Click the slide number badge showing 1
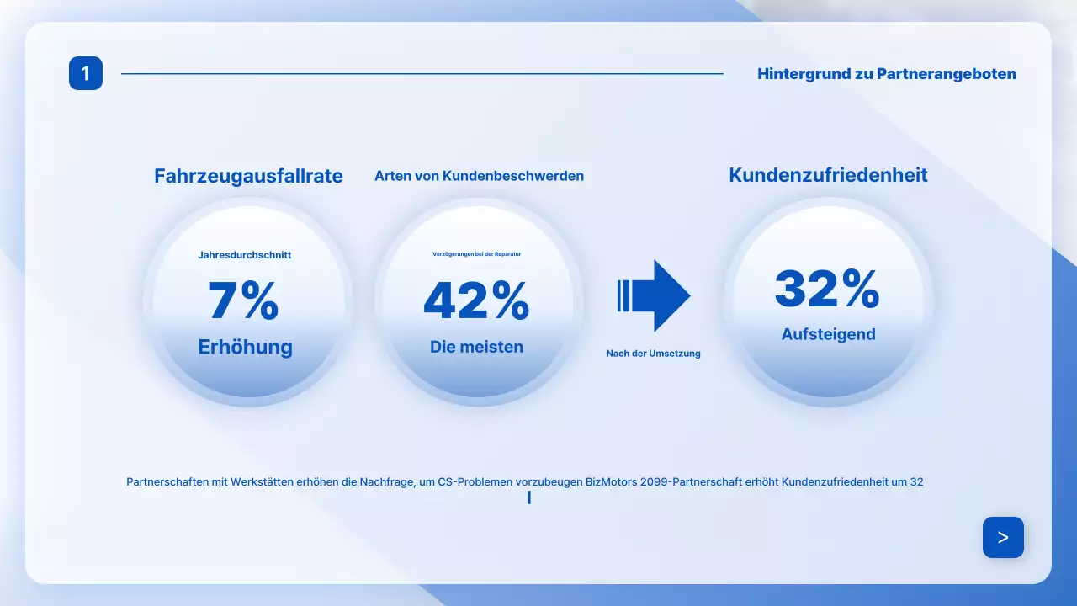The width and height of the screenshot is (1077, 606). click(x=86, y=73)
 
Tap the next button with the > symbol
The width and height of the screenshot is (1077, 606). click(x=1003, y=537)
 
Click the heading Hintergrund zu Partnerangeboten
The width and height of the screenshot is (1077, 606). click(x=886, y=74)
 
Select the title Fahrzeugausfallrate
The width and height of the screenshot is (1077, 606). click(x=248, y=176)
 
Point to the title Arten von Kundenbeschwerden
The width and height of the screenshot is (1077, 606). click(x=479, y=176)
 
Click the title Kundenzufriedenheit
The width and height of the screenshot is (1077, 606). click(x=828, y=175)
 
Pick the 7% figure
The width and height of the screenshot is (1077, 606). click(x=243, y=300)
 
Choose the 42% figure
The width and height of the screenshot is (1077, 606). click(x=476, y=300)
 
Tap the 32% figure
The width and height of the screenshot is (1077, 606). click(x=827, y=289)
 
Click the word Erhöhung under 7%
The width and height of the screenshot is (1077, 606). click(x=245, y=347)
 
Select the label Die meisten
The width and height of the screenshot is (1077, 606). click(x=476, y=347)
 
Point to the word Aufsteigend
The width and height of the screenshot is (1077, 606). click(x=828, y=334)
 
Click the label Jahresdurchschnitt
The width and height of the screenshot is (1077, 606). click(x=245, y=255)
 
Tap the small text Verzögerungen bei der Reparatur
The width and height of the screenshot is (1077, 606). click(x=476, y=253)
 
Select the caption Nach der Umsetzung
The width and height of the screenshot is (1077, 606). click(x=653, y=353)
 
